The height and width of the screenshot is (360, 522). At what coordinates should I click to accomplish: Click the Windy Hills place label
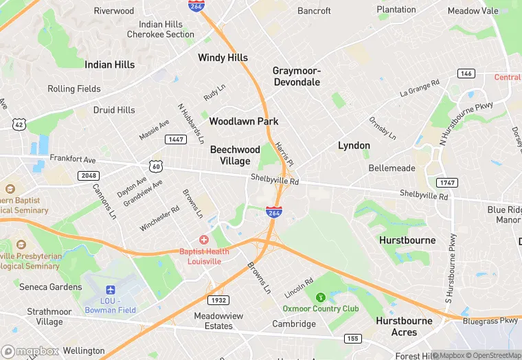point(223,58)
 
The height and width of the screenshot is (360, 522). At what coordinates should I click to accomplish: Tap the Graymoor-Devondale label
point(296,76)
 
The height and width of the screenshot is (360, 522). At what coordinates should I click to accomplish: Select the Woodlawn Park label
point(243,122)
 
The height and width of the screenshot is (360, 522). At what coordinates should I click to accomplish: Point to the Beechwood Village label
point(235,155)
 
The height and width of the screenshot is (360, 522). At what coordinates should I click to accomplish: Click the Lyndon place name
point(354,146)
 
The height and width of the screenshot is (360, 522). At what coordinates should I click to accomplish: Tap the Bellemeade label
point(391,168)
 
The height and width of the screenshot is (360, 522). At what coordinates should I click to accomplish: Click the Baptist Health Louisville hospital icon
point(203,240)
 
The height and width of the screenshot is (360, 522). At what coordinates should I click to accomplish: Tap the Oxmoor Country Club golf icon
point(320,297)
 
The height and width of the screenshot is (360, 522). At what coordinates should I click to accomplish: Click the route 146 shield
point(466,74)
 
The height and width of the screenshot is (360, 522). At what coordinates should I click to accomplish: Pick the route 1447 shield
point(174,139)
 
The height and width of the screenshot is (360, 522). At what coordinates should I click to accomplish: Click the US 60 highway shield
point(156,166)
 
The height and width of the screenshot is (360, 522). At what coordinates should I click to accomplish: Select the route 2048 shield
point(88,176)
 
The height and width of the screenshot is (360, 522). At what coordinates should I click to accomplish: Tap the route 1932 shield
point(218,301)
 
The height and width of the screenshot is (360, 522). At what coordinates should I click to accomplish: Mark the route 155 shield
point(353,338)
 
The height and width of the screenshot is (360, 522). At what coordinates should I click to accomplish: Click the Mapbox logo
point(31,351)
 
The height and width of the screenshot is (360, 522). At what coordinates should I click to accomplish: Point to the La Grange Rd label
point(420,89)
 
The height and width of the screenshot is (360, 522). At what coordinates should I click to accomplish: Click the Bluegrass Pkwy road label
point(490,321)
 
